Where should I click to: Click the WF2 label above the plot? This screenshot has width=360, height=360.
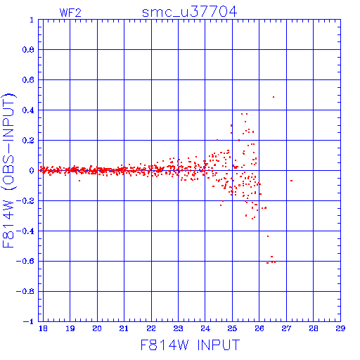pyautogui.click(x=70, y=13)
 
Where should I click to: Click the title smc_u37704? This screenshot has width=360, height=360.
pyautogui.click(x=189, y=12)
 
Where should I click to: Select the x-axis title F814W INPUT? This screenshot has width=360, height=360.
pyautogui.click(x=190, y=345)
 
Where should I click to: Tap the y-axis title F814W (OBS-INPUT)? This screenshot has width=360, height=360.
pyautogui.click(x=8, y=170)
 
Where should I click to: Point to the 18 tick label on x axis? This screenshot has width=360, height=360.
pyautogui.click(x=43, y=328)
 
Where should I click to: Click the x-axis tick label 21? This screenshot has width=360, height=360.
pyautogui.click(x=124, y=328)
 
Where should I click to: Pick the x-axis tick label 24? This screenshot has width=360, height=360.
pyautogui.click(x=205, y=328)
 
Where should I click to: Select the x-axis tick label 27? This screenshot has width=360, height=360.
pyautogui.click(x=286, y=328)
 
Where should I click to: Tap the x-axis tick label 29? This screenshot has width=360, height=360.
pyautogui.click(x=340, y=328)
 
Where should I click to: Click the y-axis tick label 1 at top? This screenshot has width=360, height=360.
pyautogui.click(x=32, y=20)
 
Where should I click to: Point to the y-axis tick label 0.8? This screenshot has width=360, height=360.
pyautogui.click(x=28, y=50)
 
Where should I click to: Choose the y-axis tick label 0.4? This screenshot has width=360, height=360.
pyautogui.click(x=28, y=110)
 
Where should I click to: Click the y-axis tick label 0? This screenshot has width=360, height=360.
pyautogui.click(x=32, y=171)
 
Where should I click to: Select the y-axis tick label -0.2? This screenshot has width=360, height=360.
pyautogui.click(x=25, y=201)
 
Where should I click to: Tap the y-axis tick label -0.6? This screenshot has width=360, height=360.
pyautogui.click(x=25, y=261)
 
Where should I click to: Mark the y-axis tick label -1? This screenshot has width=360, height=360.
pyautogui.click(x=28, y=321)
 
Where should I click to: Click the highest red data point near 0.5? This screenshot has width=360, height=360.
pyautogui.click(x=274, y=97)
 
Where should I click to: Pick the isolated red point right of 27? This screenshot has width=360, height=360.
pyautogui.click(x=291, y=181)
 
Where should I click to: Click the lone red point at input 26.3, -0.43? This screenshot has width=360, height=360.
pyautogui.click(x=268, y=236)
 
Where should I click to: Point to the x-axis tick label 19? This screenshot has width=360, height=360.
pyautogui.click(x=70, y=328)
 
